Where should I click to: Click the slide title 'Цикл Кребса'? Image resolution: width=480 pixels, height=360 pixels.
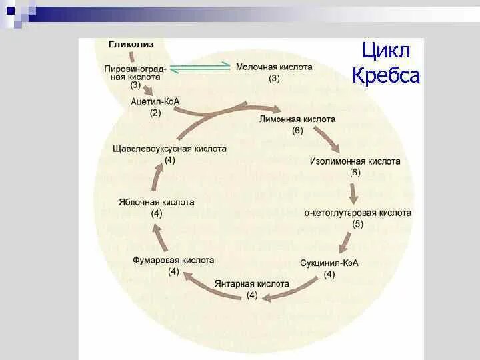[386, 63]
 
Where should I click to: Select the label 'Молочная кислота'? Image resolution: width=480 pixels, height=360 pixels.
[274, 67]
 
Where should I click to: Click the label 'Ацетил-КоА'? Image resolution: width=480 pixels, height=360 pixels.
[155, 101]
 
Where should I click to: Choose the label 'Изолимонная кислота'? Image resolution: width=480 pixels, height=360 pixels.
[355, 161]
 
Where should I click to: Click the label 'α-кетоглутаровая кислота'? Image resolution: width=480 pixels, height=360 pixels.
[358, 213]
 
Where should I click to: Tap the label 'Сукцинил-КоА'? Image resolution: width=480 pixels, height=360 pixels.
[329, 263]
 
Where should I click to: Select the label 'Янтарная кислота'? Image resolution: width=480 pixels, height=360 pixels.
[252, 283]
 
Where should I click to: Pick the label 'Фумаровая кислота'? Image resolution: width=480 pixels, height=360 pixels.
[173, 260]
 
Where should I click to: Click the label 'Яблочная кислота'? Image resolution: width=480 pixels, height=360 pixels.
[157, 202]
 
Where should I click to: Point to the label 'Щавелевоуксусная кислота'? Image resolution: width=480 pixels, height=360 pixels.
[169, 149]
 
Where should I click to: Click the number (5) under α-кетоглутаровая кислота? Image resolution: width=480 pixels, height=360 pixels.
[358, 224]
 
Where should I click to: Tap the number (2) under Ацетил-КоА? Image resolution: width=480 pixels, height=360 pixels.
[155, 113]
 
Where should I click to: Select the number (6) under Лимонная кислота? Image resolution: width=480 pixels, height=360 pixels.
[297, 130]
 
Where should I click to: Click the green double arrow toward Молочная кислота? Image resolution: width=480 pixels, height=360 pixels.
[200, 67]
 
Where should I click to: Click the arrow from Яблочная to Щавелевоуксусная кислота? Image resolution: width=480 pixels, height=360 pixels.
[157, 176]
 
